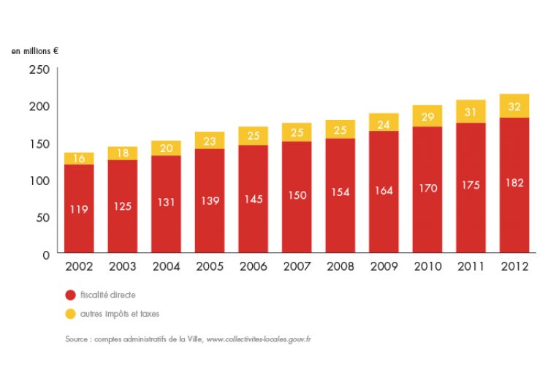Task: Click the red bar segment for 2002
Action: (79, 208)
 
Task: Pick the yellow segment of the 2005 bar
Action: (210, 140)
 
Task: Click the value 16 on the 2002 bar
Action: (79, 159)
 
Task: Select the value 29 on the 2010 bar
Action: (427, 116)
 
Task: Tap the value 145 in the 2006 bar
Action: (254, 198)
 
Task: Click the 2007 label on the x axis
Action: (297, 267)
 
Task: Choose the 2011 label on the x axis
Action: (471, 267)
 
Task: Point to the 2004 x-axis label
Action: (167, 267)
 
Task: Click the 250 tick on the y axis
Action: (39, 69)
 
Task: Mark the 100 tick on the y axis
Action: (39, 181)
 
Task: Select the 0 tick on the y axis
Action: (45, 255)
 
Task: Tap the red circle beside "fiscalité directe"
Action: (70, 295)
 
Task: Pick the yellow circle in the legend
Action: (70, 313)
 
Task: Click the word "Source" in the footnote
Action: (76, 339)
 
